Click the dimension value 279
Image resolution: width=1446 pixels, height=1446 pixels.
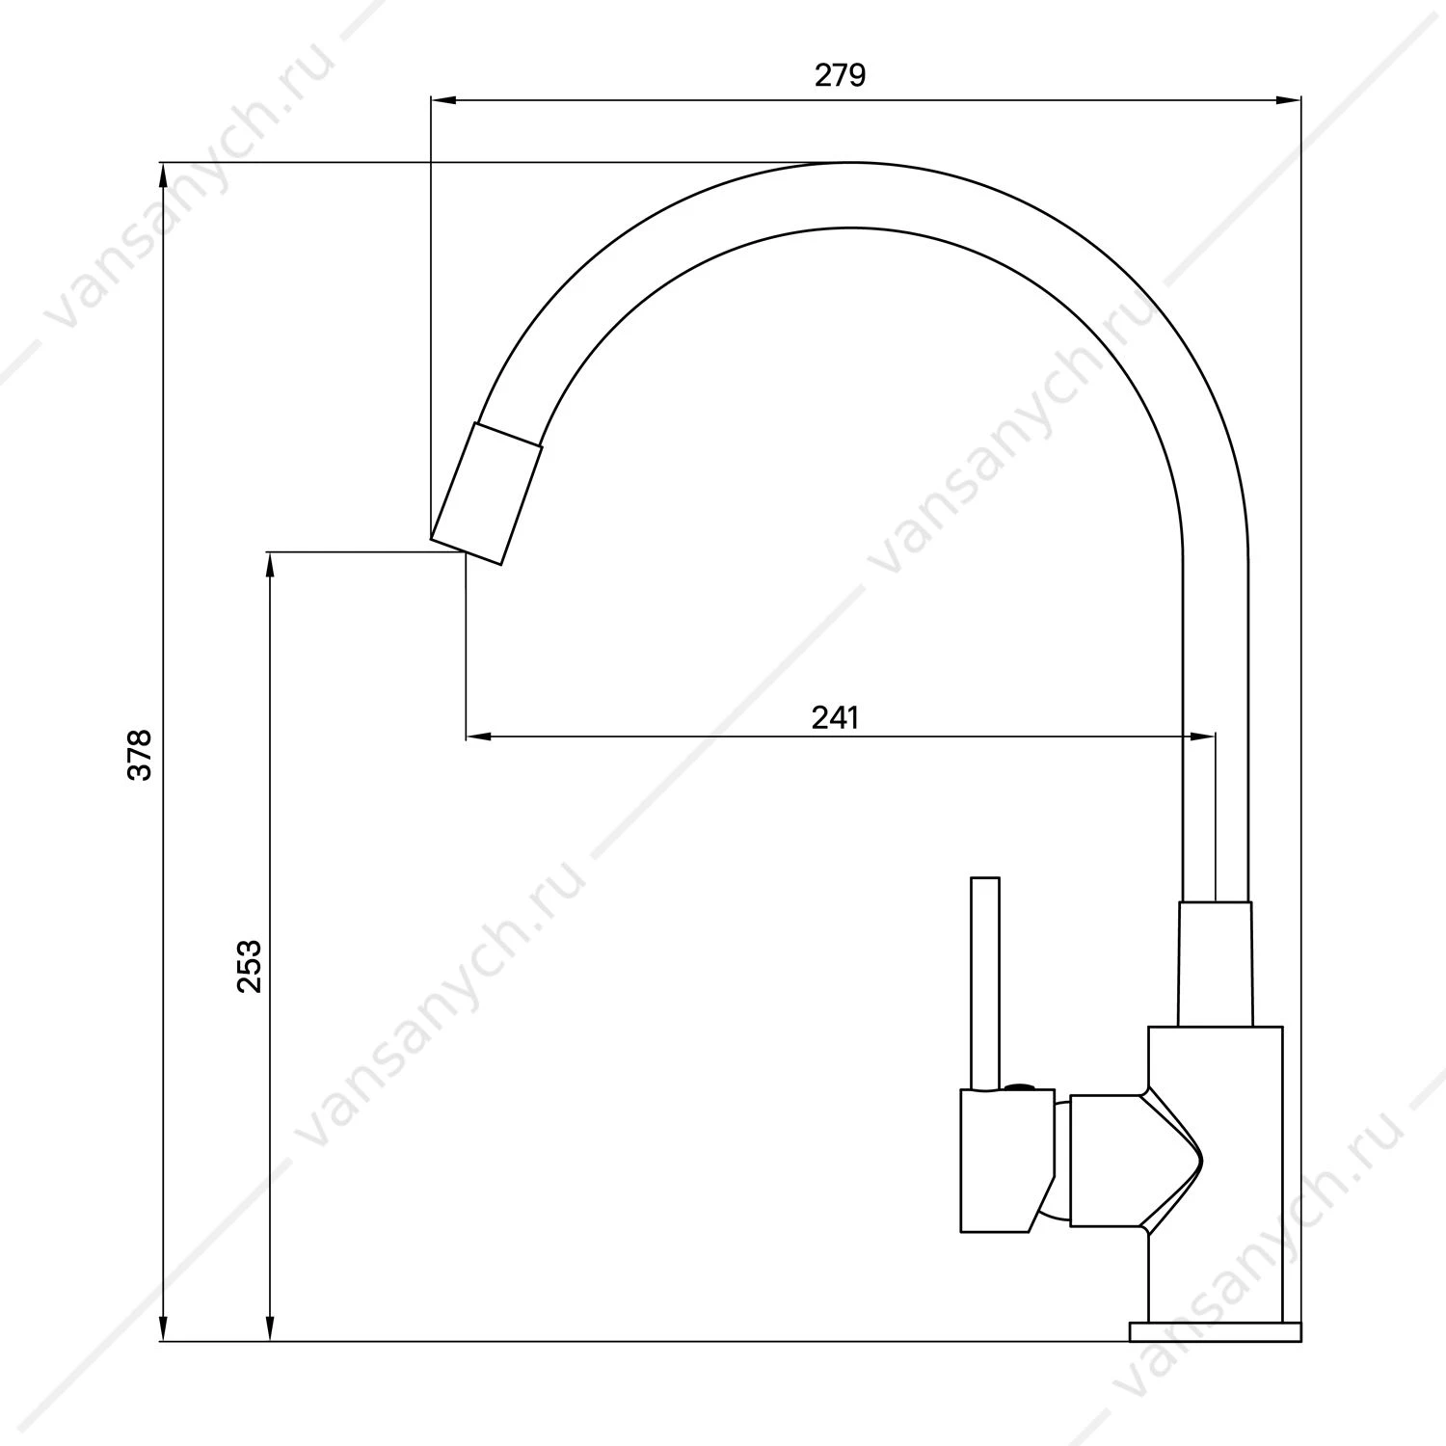point(841,75)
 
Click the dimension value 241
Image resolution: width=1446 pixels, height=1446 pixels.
point(835,717)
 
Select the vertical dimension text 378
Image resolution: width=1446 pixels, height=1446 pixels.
point(141,755)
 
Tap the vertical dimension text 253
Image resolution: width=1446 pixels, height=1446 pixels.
point(249,966)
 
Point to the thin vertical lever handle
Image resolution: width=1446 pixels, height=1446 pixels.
point(985,984)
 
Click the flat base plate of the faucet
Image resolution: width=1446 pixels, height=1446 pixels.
point(1215,1331)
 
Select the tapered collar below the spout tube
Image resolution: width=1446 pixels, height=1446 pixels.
point(1216,963)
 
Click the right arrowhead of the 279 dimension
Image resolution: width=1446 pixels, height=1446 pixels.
point(1289,99)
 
